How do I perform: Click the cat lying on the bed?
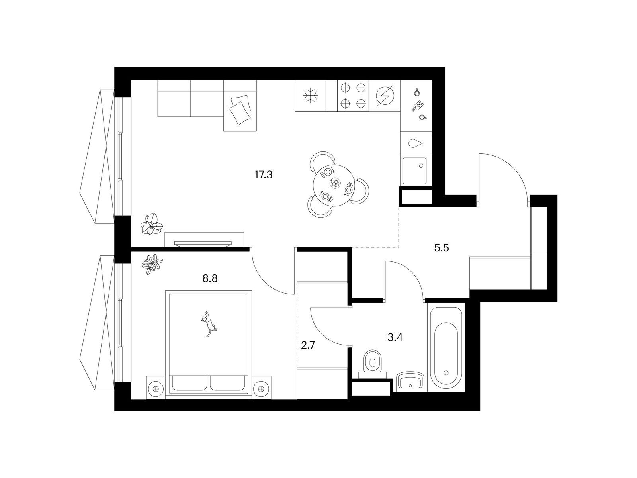(x=208, y=324)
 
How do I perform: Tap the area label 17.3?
(x=263, y=175)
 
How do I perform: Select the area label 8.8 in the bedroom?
(x=210, y=278)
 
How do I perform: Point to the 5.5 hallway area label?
(x=442, y=248)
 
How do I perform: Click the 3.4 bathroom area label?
(x=395, y=337)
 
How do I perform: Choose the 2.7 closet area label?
(x=308, y=346)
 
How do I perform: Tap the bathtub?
(x=446, y=347)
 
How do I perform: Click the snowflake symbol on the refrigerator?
(x=310, y=96)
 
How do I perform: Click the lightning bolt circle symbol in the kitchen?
(x=385, y=96)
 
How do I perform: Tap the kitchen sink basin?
(x=414, y=171)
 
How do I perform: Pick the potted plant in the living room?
(x=152, y=223)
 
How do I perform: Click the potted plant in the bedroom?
(x=152, y=264)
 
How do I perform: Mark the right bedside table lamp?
(x=261, y=389)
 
